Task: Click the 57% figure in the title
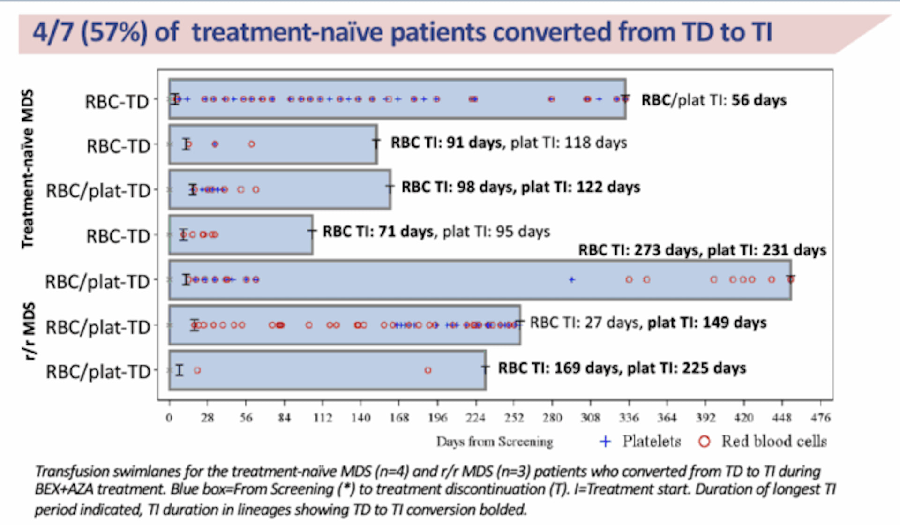pos(114,33)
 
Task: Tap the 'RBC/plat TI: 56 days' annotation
pos(713,100)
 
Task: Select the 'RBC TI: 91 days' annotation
pos(446,142)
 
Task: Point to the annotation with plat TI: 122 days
pos(520,187)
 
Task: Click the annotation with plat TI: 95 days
pos(436,232)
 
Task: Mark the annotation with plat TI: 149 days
pos(648,323)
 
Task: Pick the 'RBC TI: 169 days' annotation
pos(622,368)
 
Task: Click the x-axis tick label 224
pos(475,417)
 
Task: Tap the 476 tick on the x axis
pos(820,417)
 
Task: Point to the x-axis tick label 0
pos(169,417)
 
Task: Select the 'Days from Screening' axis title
pos(495,442)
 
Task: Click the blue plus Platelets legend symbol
pos(605,442)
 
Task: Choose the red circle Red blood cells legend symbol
pos(704,442)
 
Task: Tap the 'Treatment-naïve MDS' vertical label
pos(28,169)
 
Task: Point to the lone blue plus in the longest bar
pos(571,280)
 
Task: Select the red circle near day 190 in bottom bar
pos(427,370)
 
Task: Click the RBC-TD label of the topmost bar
pos(117,102)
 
